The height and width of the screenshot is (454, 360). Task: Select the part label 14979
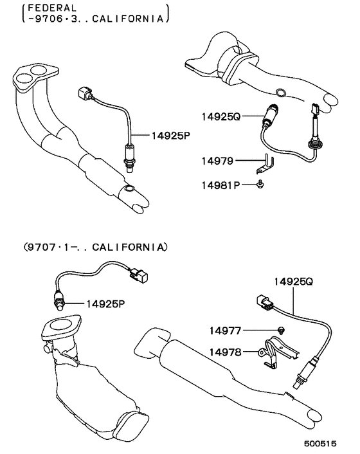[218, 160]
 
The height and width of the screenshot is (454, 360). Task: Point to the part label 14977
[225, 331]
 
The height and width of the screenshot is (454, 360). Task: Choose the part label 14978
[225, 352]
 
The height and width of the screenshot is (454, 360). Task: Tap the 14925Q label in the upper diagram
[220, 117]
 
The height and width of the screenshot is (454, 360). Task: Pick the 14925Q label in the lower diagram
[293, 281]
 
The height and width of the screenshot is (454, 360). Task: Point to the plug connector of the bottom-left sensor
[138, 276]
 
